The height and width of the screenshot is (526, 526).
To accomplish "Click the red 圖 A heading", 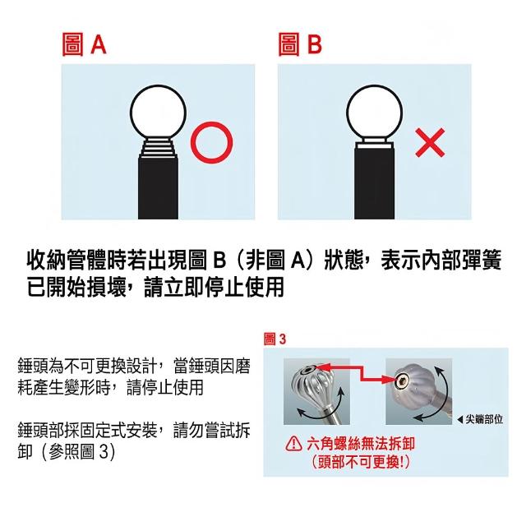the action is [84, 44].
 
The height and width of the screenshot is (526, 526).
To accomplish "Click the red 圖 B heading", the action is [300, 44].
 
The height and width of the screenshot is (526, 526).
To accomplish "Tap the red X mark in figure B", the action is [430, 142].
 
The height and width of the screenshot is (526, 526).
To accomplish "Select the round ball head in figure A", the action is [158, 113].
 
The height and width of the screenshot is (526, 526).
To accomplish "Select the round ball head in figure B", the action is [375, 113].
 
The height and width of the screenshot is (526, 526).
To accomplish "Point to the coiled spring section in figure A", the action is [158, 148].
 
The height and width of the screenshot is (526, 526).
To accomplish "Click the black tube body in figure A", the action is [158, 188].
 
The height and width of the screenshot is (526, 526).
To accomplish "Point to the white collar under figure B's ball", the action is [375, 143].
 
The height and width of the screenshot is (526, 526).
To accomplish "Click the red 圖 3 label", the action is [275, 339].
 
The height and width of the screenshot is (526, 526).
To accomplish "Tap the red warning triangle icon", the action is [294, 443].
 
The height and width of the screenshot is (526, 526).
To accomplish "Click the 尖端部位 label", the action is [484, 419].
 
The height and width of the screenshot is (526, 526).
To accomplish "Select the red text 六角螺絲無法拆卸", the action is [361, 444].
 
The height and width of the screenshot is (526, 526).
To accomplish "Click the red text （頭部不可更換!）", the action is [361, 462].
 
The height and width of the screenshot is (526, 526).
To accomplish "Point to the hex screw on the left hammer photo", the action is [307, 370].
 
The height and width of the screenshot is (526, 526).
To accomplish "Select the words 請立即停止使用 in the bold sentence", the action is [214, 287].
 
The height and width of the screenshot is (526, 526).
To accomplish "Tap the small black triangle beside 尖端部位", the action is [460, 419].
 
